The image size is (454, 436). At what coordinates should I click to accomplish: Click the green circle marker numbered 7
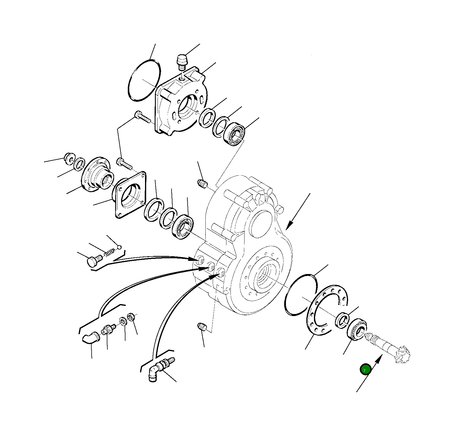(365, 369)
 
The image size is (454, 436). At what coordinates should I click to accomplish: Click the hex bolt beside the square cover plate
(124, 163)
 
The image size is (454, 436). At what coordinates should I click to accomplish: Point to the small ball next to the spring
(119, 247)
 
